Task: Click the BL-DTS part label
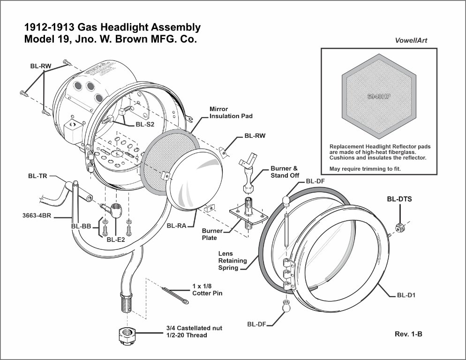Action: [x=399, y=199]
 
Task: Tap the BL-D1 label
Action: [x=406, y=296]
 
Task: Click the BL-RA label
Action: [x=177, y=226]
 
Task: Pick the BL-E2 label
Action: [x=115, y=240]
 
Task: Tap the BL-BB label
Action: [x=81, y=226]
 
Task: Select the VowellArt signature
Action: [x=411, y=40]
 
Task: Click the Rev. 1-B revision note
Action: [x=409, y=334]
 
